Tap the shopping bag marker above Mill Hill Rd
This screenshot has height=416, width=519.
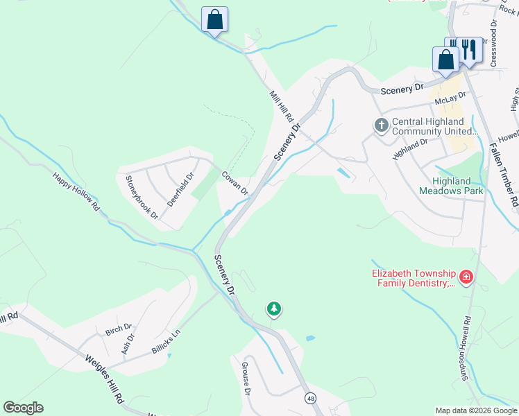click(x=214, y=19)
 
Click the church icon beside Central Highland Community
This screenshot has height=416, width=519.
click(x=381, y=125)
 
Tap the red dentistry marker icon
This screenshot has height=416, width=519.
click(x=466, y=278)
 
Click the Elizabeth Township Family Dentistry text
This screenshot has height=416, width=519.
click(x=414, y=278)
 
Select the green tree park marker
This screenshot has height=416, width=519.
click(x=274, y=309)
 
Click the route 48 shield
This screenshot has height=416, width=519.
click(x=309, y=398)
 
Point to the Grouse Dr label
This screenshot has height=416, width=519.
click(x=246, y=379)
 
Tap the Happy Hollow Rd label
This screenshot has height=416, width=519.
click(x=76, y=191)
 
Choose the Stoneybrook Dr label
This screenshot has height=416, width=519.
click(x=142, y=197)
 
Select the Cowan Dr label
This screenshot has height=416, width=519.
click(x=235, y=183)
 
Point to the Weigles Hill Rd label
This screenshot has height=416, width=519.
click(x=103, y=380)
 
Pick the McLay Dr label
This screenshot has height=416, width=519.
click(x=448, y=101)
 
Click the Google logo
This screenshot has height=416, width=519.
click(x=23, y=408)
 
